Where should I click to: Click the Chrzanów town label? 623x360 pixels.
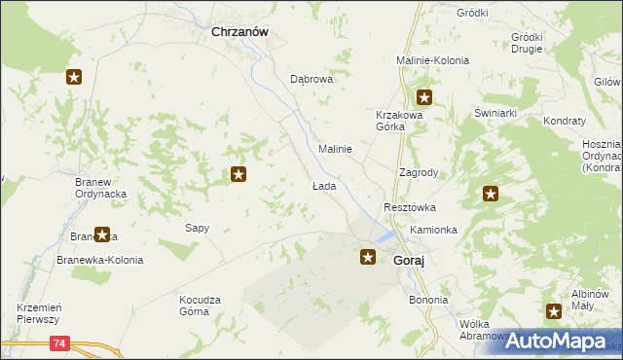coord(240,31)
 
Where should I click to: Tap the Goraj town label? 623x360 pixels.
coord(414,262)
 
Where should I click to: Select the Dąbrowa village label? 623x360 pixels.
coord(311,80)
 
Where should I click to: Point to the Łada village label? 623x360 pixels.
coord(324,185)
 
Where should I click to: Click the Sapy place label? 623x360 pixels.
coord(198,228)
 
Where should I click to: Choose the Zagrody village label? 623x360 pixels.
coord(419,172)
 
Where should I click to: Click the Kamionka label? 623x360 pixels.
coord(433,230)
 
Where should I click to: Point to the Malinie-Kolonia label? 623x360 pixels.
coord(432,60)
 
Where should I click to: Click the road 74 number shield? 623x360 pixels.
coord(61,343)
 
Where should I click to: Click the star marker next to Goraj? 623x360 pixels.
coord(368,257)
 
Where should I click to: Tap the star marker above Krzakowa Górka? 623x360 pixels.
coord(424,96)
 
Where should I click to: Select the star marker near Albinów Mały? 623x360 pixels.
coord(554,311)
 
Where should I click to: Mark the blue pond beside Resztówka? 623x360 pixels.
coord(387,236)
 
